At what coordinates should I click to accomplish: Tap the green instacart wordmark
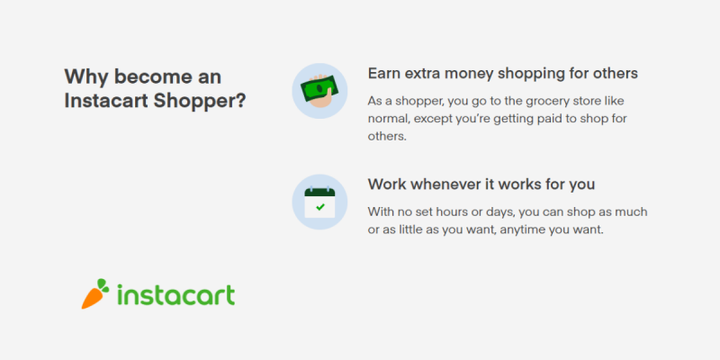coord(175,294)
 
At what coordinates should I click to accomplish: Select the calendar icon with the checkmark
coord(319,202)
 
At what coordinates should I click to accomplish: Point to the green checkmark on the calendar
coord(320,207)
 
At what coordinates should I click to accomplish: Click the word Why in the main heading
coord(86,76)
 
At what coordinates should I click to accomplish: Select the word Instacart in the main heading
coord(106,101)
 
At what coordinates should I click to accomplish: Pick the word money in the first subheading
coord(462,75)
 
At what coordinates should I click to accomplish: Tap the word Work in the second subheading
coord(387,184)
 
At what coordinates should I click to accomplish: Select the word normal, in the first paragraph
coord(389,119)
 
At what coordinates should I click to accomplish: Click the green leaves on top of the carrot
coord(103,284)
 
